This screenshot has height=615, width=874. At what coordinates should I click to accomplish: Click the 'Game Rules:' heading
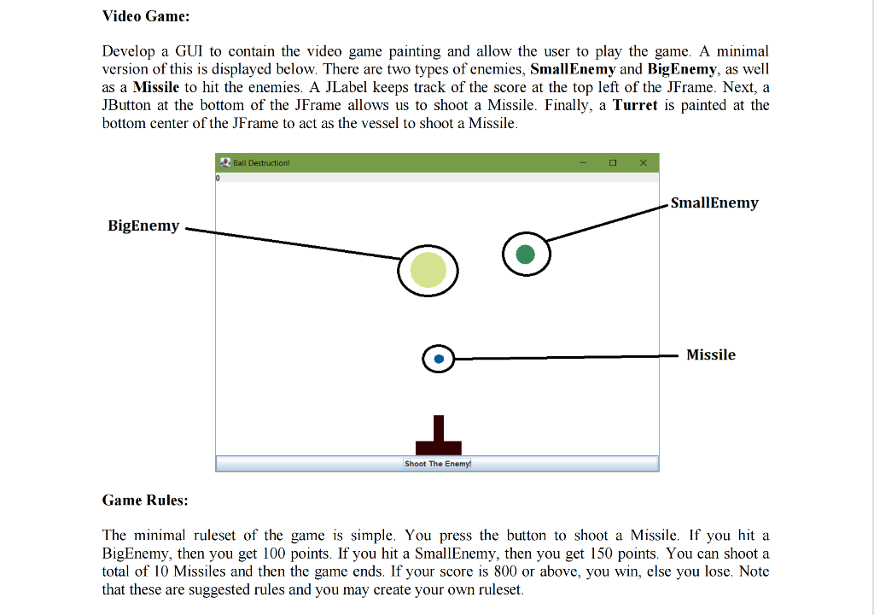coord(145,500)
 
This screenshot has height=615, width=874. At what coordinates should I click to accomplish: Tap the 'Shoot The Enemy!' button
coord(437,464)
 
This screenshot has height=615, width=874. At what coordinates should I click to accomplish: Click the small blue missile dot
coord(439,360)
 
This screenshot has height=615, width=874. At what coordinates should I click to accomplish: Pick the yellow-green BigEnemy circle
coord(428,270)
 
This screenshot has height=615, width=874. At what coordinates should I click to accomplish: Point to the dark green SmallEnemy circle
coord(526,254)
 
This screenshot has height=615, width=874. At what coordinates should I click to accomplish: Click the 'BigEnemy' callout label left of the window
coord(143,225)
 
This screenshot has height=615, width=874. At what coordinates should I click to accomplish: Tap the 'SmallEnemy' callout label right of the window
coord(714,202)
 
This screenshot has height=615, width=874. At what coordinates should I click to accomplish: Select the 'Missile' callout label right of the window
coord(711,354)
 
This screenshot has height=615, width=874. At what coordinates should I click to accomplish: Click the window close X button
coord(643,162)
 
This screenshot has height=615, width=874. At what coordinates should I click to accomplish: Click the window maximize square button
coord(613,162)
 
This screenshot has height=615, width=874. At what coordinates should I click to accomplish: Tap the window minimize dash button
coord(583,162)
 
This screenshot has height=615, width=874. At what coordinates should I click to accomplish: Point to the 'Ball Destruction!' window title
coord(261,162)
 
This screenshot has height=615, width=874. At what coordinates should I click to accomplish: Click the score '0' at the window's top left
coord(218,179)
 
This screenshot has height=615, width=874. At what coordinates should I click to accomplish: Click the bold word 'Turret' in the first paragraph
coord(636,105)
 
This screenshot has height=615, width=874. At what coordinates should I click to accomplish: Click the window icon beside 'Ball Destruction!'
coord(225,162)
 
